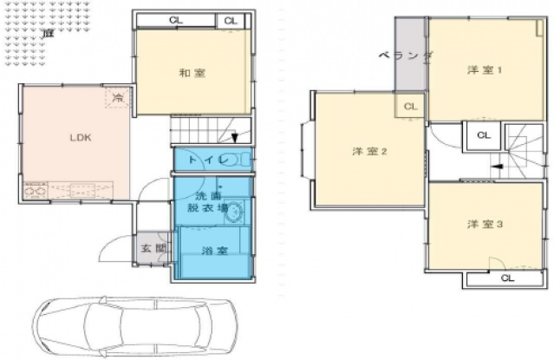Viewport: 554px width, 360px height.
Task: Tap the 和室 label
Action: (x=192, y=73)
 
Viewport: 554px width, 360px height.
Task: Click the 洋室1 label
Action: (x=486, y=69)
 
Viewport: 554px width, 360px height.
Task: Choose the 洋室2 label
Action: (x=368, y=151)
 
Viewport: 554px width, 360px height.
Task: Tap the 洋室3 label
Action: (x=486, y=224)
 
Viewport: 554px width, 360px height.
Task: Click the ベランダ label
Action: (x=406, y=55)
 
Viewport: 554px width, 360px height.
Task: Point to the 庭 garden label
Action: (x=45, y=32)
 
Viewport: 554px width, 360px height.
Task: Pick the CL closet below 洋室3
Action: (x=506, y=278)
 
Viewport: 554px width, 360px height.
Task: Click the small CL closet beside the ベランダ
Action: (x=411, y=106)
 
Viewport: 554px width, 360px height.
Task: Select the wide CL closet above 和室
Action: (x=176, y=20)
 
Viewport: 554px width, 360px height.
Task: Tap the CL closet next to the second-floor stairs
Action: (x=483, y=136)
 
